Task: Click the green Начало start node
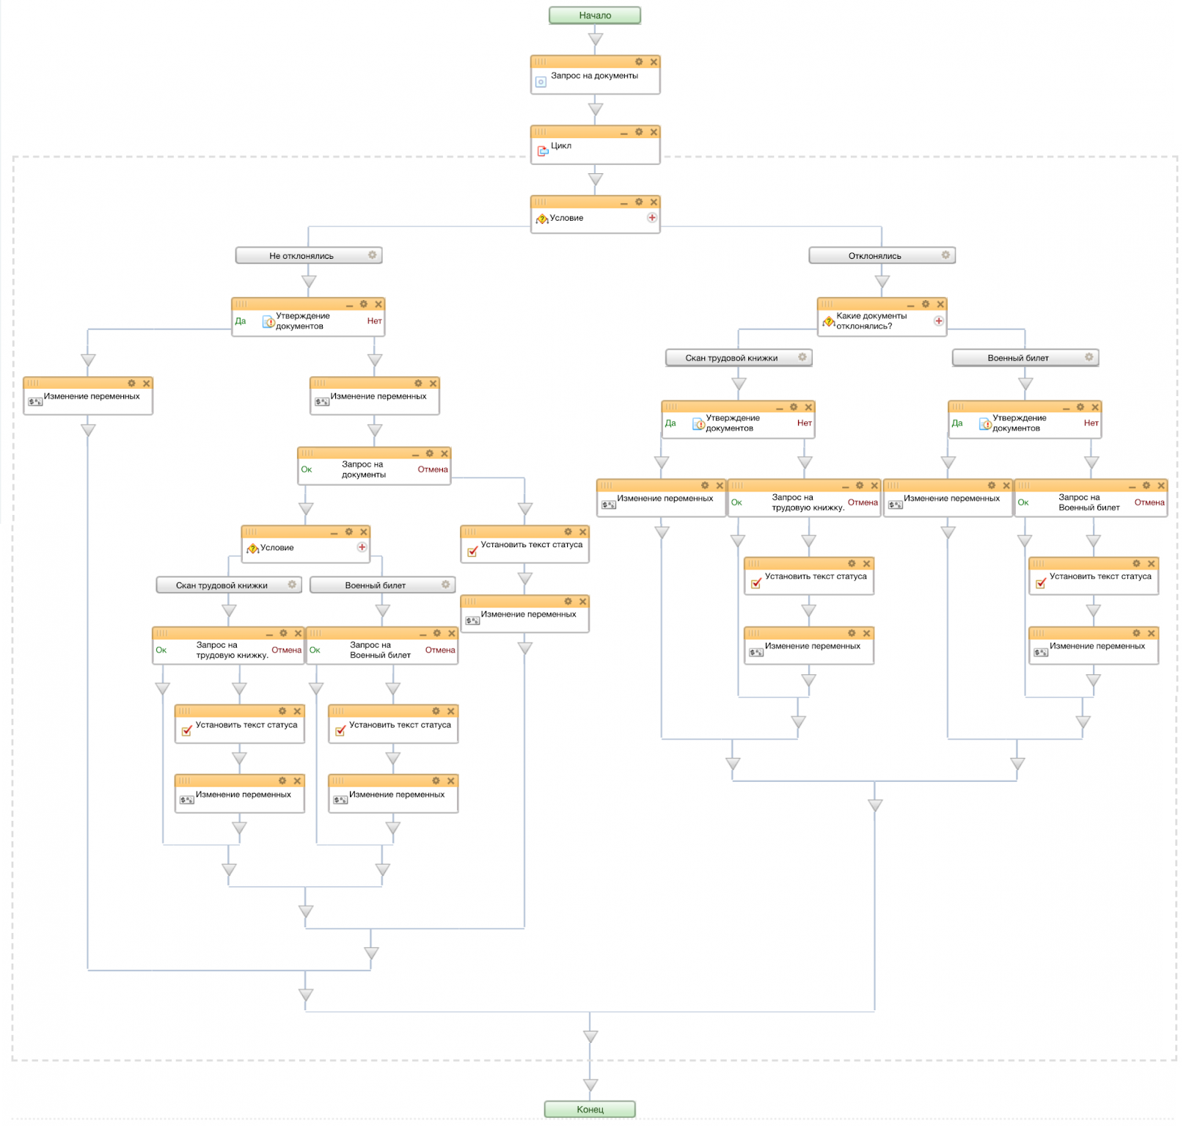(x=594, y=15)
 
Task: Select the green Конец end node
(x=590, y=1109)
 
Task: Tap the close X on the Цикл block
(x=654, y=132)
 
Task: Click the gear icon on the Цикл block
(x=639, y=132)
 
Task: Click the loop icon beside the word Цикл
(x=543, y=151)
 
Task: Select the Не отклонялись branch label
(x=301, y=256)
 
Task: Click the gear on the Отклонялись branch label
(x=945, y=255)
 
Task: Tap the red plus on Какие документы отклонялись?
(x=938, y=321)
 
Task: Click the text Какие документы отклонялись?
(x=871, y=321)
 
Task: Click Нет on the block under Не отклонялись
(x=374, y=321)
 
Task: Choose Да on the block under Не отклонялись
(x=241, y=321)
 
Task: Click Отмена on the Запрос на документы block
(x=433, y=469)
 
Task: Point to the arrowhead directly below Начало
(x=596, y=40)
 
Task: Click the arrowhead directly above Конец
(x=590, y=1085)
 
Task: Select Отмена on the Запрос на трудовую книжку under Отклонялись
(x=863, y=502)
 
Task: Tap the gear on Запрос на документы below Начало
(x=639, y=62)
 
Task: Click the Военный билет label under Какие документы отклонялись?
(x=1018, y=358)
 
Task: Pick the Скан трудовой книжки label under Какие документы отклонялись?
(x=731, y=358)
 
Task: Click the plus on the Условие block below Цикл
(x=652, y=218)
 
